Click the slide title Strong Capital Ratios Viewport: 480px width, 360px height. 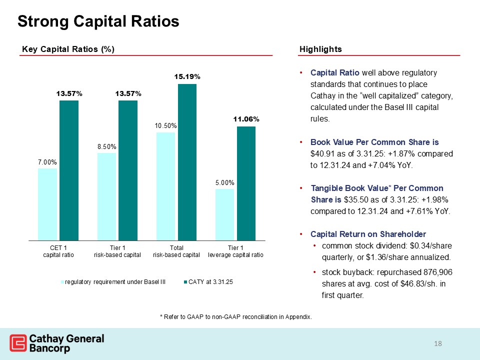pyautogui.click(x=98, y=21)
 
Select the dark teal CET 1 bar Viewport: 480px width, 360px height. pyautogui.click(x=69, y=170)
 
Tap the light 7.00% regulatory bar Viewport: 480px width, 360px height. pyautogui.click(x=47, y=204)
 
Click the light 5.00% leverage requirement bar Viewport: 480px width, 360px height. pyautogui.click(x=224, y=214)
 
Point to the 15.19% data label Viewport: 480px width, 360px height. pyautogui.click(x=187, y=77)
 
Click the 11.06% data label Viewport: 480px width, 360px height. pyautogui.click(x=245, y=119)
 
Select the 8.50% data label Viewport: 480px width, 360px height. pyautogui.click(x=106, y=146)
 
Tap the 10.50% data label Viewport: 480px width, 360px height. pyautogui.click(x=165, y=126)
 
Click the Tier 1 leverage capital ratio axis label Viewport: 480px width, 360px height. pyautogui.click(x=235, y=251)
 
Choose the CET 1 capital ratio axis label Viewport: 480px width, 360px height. pyautogui.click(x=58, y=251)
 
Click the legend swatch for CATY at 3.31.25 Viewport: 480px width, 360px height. pyautogui.click(x=184, y=282)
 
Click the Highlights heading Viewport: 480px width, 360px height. pyautogui.click(x=320, y=49)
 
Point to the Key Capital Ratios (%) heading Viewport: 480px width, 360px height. pyautogui.click(x=68, y=49)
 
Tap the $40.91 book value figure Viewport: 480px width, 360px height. pyautogui.click(x=322, y=153)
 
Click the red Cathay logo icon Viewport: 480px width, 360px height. pyautogui.click(x=18, y=343)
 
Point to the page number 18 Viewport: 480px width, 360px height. pyautogui.click(x=439, y=343)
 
